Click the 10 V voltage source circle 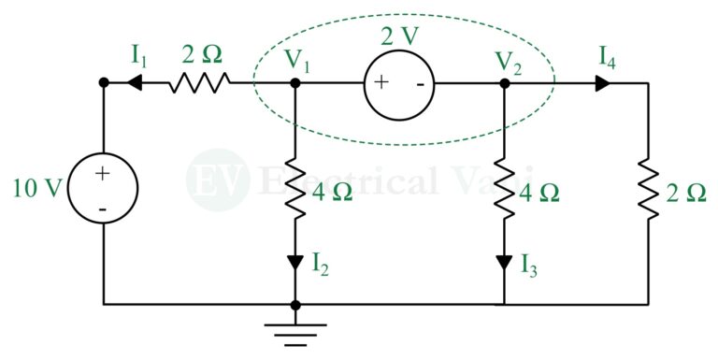point(104,190)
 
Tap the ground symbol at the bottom point(295,328)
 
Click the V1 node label point(297,61)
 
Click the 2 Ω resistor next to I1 point(199,83)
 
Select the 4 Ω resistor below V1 point(295,192)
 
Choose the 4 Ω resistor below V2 point(505,192)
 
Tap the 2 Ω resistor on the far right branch point(648,192)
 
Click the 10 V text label point(36,190)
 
